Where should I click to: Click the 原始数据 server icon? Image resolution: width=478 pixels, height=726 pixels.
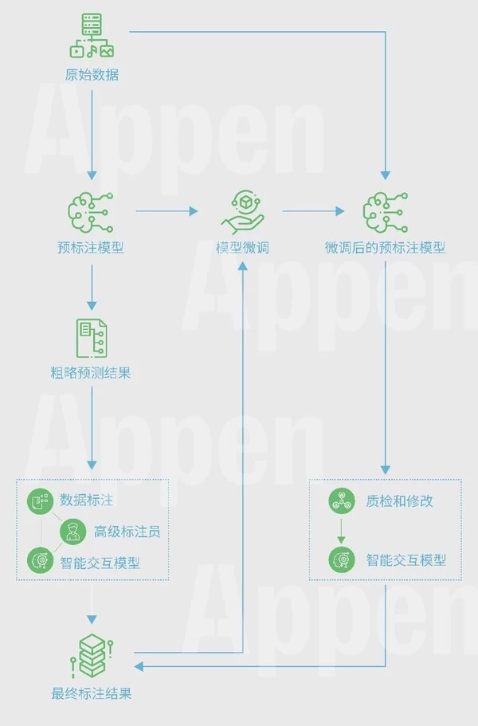(92, 37)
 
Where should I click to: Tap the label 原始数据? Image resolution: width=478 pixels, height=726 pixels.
(92, 76)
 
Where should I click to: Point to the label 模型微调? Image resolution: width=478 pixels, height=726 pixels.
(242, 248)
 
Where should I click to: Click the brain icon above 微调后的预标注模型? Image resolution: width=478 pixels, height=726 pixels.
(386, 211)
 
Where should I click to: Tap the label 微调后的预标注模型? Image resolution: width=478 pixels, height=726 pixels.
(385, 248)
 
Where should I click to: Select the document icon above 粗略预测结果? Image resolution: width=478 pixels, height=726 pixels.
(91, 338)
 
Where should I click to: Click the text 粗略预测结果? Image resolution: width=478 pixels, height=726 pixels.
(91, 372)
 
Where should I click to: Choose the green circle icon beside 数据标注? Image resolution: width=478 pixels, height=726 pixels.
(40, 501)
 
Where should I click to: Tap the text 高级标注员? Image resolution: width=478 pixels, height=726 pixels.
(127, 532)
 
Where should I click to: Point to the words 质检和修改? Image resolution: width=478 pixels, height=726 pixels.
(400, 501)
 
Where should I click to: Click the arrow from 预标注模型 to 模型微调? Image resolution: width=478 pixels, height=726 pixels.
(167, 211)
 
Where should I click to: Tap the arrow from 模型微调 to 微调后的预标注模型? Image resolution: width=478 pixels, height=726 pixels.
(313, 211)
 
